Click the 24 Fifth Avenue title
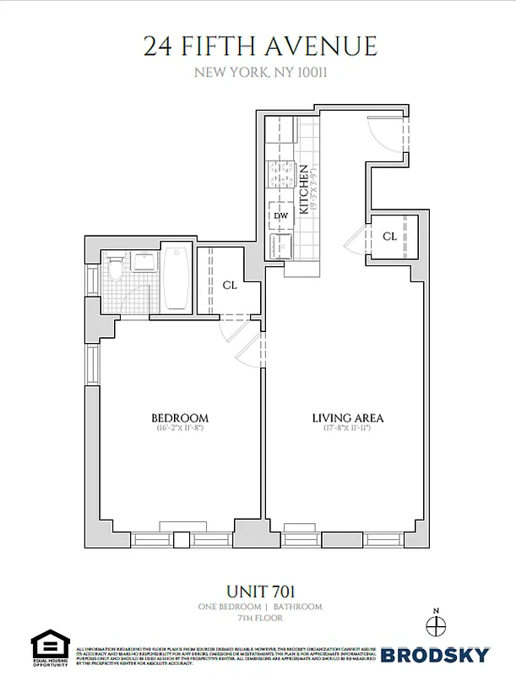coord(259,46)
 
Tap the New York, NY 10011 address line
coord(260,72)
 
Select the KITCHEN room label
coord(302,189)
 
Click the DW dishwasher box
coord(281,215)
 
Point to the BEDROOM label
coord(179,418)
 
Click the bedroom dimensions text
coord(179,429)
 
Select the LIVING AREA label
coord(348,418)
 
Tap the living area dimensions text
coord(348,429)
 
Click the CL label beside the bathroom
coord(230,286)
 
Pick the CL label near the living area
coord(389,237)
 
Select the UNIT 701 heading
coord(260,591)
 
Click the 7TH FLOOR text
coord(260,619)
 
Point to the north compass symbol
coord(436,626)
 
